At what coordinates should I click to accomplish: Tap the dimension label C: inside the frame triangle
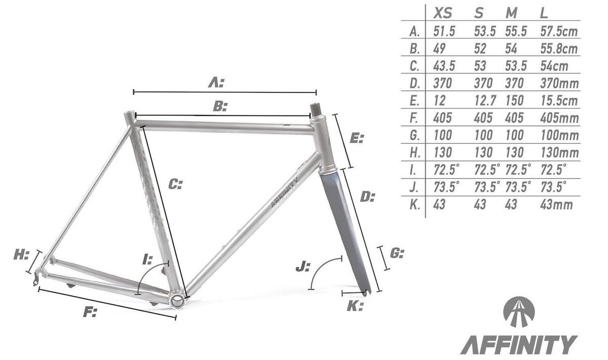(176, 184)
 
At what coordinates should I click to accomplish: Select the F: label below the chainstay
(90, 311)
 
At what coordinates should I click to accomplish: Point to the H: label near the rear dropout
(21, 255)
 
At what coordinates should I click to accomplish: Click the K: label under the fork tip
(355, 305)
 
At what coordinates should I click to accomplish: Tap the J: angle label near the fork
(302, 266)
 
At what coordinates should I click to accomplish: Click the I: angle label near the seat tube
(147, 260)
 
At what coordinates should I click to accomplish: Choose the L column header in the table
(544, 13)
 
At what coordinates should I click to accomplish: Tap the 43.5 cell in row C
(444, 66)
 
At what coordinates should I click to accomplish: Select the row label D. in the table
(414, 84)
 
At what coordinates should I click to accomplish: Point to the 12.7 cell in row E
(485, 101)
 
